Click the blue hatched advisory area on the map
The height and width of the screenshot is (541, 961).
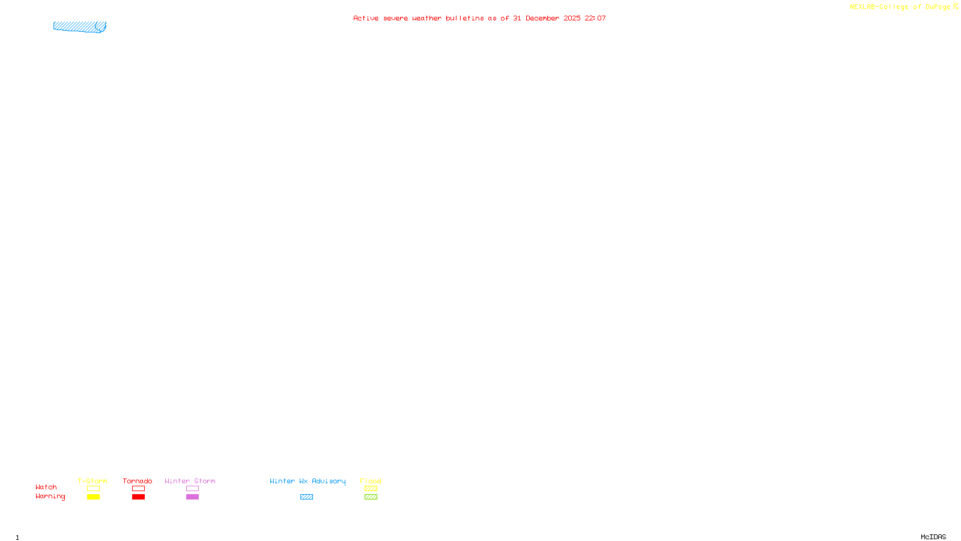pyautogui.click(x=79, y=26)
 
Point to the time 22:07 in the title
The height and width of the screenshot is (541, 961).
pyautogui.click(x=595, y=18)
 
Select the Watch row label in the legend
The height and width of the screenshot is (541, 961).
pyautogui.click(x=46, y=487)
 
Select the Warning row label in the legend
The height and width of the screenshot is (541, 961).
pyautogui.click(x=50, y=497)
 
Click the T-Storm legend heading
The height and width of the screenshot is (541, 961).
pyautogui.click(x=92, y=481)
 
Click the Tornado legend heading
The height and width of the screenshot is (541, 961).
pyautogui.click(x=138, y=481)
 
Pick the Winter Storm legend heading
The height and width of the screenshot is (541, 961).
pyautogui.click(x=190, y=481)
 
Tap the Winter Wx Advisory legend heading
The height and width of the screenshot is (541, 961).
pyautogui.click(x=308, y=481)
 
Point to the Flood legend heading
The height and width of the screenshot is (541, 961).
pyautogui.click(x=371, y=481)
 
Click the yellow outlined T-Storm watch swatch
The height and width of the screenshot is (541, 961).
pyautogui.click(x=93, y=489)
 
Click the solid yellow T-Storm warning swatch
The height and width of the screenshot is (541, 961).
pyautogui.click(x=93, y=497)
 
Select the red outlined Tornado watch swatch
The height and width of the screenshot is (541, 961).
pyautogui.click(x=138, y=489)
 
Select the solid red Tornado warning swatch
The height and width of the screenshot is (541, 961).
pyautogui.click(x=138, y=497)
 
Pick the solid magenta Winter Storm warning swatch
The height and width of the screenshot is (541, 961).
pyautogui.click(x=192, y=497)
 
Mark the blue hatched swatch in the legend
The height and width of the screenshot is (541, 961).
pyautogui.click(x=306, y=497)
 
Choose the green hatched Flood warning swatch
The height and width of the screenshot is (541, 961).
pyautogui.click(x=371, y=497)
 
